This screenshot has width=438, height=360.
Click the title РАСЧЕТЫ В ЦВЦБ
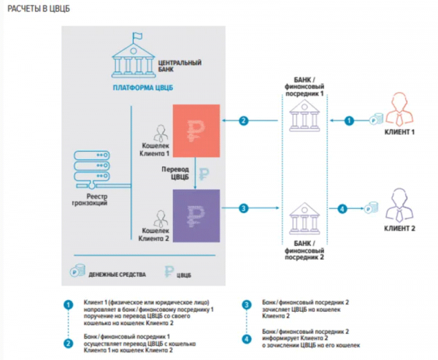pyautogui.click(x=39, y=9)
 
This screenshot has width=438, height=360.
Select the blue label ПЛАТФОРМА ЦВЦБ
pyautogui.click(x=143, y=88)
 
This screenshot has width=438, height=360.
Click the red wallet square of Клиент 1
pyautogui.click(x=196, y=131)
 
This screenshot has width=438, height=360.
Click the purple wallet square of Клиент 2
pyautogui.click(x=196, y=215)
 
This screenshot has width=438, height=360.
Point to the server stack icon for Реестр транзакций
pyautogui.click(x=92, y=169)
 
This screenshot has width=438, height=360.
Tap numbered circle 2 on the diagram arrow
pyautogui.click(x=244, y=120)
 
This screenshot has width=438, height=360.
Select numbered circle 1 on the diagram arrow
pyautogui.click(x=349, y=120)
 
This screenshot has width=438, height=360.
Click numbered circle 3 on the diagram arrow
pyautogui.click(x=244, y=208)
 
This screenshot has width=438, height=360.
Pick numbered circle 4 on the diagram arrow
pyautogui.click(x=342, y=209)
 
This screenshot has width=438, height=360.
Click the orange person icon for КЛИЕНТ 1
pyautogui.click(x=399, y=109)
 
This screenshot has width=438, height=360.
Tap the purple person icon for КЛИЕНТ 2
pyautogui.click(x=399, y=205)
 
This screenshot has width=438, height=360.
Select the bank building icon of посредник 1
pyautogui.click(x=304, y=115)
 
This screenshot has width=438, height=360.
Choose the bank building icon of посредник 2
pyautogui.click(x=304, y=218)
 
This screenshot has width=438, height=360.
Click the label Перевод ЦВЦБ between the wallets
pyautogui.click(x=175, y=173)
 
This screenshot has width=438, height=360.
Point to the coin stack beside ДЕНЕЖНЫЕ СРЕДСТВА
pyautogui.click(x=77, y=270)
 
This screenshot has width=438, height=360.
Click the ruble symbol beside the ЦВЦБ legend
pyautogui.click(x=169, y=272)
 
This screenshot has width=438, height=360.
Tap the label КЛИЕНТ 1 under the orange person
pyautogui.click(x=399, y=132)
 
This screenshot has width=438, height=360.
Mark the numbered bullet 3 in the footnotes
pyautogui.click(x=247, y=305)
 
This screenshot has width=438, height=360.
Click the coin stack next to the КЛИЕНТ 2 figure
pyautogui.click(x=371, y=208)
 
